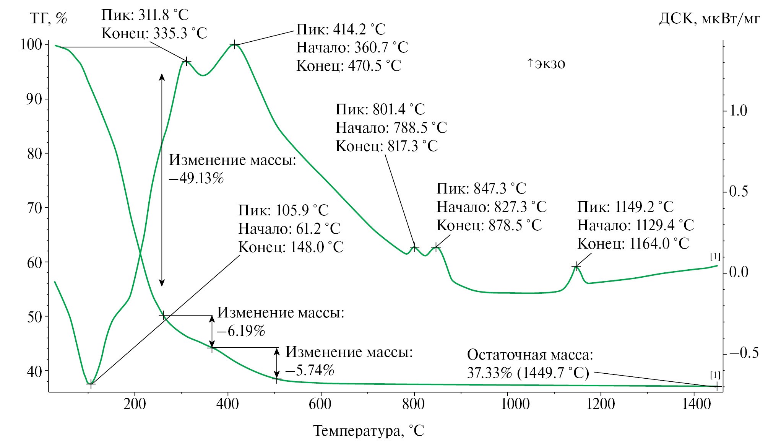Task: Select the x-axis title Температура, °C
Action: click(x=369, y=431)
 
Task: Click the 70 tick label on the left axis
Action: click(x=35, y=208)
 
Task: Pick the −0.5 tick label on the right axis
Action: click(x=744, y=353)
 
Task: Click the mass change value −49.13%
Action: click(x=196, y=178)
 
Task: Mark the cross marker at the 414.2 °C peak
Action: click(x=235, y=45)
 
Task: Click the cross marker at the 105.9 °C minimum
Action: click(x=90, y=383)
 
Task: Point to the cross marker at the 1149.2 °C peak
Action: click(x=576, y=266)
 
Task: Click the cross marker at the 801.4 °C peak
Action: click(x=414, y=247)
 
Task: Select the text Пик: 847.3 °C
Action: click(x=481, y=189)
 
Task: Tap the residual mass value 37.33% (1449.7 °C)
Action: click(x=528, y=373)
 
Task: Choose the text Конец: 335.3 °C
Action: click(x=154, y=34)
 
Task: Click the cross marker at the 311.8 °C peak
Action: click(x=186, y=61)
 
